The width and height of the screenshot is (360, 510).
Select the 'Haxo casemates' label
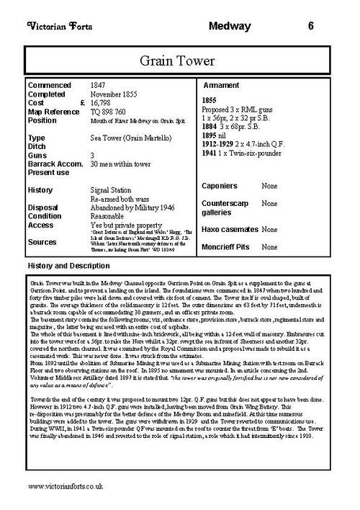coord(230,229)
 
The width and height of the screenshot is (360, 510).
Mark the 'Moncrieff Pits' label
coord(228,246)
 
